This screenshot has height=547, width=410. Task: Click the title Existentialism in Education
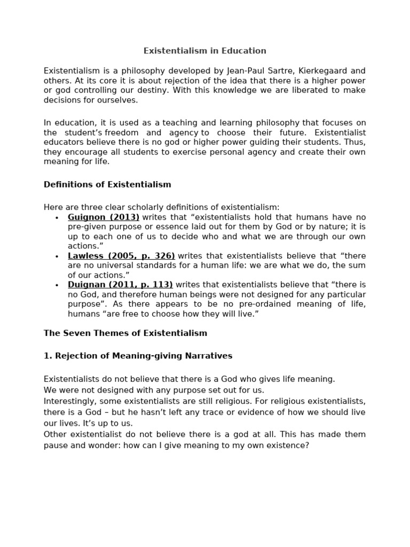point(204,51)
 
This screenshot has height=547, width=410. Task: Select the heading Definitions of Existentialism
point(107,185)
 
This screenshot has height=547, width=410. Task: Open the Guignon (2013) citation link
point(104,217)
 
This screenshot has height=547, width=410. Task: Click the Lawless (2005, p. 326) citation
point(121,256)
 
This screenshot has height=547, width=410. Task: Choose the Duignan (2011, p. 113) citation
point(120,285)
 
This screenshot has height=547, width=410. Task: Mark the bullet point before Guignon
point(57,218)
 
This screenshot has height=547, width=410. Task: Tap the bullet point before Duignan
point(57,285)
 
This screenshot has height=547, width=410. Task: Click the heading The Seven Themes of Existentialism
point(125,333)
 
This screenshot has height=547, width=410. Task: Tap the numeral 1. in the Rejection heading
point(47,356)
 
